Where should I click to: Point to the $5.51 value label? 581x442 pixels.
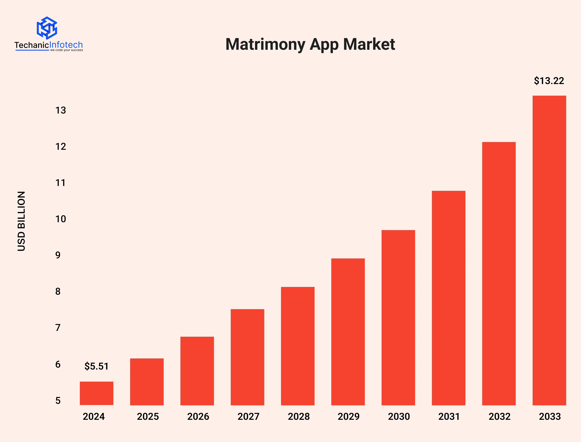pyautogui.click(x=96, y=366)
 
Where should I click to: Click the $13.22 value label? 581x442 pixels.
pyautogui.click(x=549, y=81)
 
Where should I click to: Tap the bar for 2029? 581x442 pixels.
pyautogui.click(x=348, y=331)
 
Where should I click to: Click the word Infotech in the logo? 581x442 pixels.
pyautogui.click(x=66, y=45)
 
